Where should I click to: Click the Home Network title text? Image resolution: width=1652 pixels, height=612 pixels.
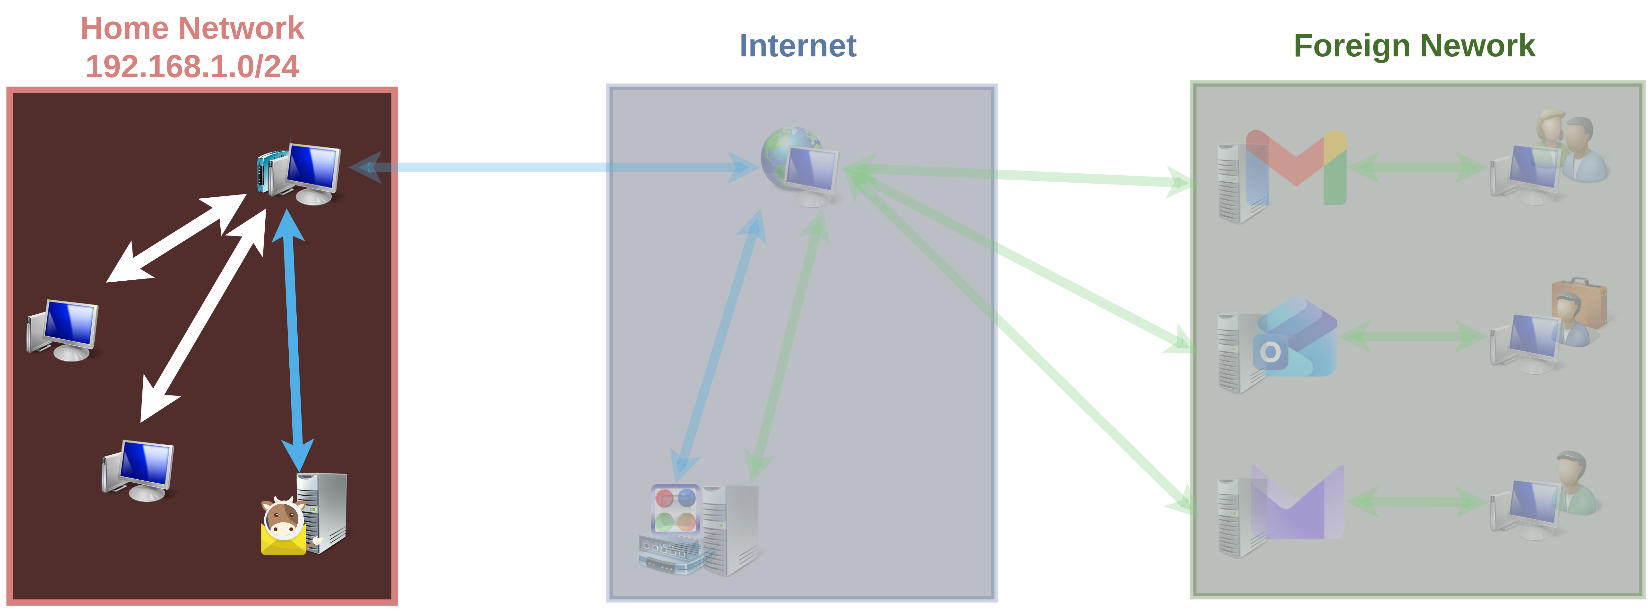pyautogui.click(x=192, y=28)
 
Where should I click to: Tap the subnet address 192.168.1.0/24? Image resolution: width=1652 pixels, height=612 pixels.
pyautogui.click(x=192, y=67)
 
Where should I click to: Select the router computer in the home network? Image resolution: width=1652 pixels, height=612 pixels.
pyautogui.click(x=299, y=172)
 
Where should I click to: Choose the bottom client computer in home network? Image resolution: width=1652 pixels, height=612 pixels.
pyautogui.click(x=138, y=470)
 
